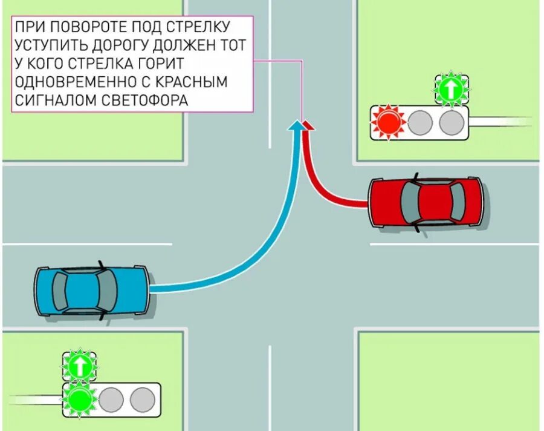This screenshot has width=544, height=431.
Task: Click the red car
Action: (x=426, y=202)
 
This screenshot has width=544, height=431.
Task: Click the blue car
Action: (x=91, y=290)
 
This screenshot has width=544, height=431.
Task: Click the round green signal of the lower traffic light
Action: (x=79, y=400)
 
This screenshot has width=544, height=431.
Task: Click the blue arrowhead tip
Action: (x=296, y=123)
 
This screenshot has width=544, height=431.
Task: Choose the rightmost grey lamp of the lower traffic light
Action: (x=143, y=400)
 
